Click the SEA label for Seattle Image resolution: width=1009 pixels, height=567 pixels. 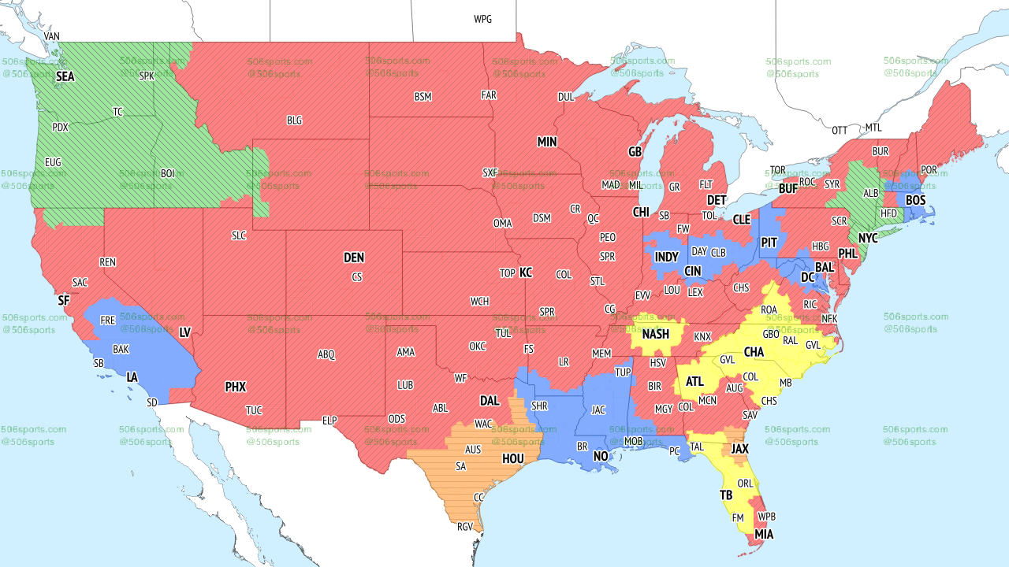point(65,77)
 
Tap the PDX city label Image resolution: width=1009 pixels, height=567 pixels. point(60,127)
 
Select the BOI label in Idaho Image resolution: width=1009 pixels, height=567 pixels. point(168,173)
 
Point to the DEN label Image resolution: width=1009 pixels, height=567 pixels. point(354,258)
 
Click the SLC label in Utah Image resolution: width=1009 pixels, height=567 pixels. point(239,235)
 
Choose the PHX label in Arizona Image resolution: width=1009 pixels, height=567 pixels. point(236,387)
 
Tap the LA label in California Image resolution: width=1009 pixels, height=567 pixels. point(132,377)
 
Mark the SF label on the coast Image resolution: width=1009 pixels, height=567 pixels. point(64,300)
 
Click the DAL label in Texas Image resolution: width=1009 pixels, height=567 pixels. point(490,401)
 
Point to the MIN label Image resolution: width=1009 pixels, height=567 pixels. point(547,143)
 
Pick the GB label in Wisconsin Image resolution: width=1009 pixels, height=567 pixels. point(635,151)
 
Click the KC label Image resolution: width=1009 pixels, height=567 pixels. point(526,272)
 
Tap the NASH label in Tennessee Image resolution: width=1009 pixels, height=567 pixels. point(655,334)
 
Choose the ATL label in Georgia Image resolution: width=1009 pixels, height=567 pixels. point(694,381)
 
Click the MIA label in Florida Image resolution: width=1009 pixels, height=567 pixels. point(763,535)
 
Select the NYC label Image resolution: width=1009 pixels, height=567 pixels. point(868,238)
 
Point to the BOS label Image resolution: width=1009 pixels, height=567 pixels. point(915,201)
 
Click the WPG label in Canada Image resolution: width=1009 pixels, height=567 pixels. point(482,19)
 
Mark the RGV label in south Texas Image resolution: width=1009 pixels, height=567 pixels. point(464,527)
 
